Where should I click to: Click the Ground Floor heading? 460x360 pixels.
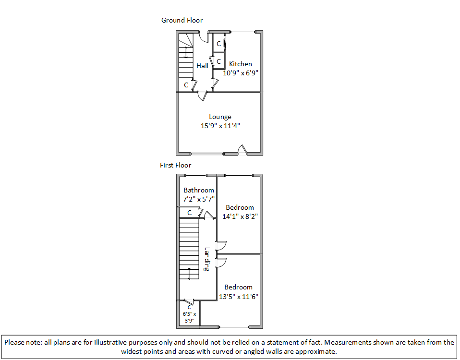pyautogui.click(x=182, y=20)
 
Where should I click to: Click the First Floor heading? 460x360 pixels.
pyautogui.click(x=175, y=165)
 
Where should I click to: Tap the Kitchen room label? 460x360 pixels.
pyautogui.click(x=240, y=64)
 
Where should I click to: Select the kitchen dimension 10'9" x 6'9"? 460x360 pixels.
pyautogui.click(x=240, y=73)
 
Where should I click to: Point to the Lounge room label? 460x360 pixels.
pyautogui.click(x=220, y=117)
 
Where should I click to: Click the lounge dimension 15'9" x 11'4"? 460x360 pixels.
pyautogui.click(x=220, y=126)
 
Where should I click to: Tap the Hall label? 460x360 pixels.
pyautogui.click(x=202, y=66)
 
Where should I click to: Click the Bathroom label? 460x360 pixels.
pyautogui.click(x=199, y=190)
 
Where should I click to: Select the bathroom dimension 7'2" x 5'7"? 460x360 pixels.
pyautogui.click(x=199, y=199)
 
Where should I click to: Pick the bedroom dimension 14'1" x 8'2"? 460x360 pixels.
pyautogui.click(x=240, y=216)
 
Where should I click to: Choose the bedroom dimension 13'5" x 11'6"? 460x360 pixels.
pyautogui.click(x=239, y=297)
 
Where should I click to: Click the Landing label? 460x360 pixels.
pyautogui.click(x=207, y=259)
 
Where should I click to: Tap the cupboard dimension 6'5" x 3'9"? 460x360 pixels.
pyautogui.click(x=190, y=317)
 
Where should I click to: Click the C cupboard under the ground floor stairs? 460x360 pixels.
pyautogui.click(x=186, y=85)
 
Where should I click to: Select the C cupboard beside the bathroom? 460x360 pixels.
pyautogui.click(x=190, y=213)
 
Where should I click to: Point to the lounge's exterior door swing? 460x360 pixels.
pyautogui.click(x=242, y=149)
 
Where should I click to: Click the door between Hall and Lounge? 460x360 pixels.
pyautogui.click(x=203, y=96)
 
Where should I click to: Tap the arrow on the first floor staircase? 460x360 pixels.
pyautogui.click(x=189, y=274)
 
